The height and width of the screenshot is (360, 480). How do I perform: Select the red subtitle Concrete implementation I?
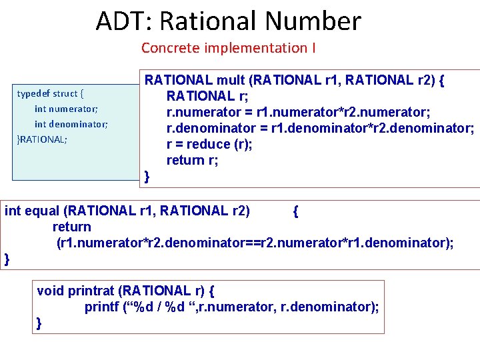228,48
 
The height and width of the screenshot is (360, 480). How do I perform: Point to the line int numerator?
66,109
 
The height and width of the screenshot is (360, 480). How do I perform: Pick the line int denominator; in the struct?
71,124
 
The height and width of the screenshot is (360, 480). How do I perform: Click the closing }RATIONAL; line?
42,139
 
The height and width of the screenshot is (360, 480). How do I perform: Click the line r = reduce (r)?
209,144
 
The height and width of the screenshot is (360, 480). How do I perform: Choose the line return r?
192,160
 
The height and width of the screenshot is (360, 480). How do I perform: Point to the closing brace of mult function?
147,176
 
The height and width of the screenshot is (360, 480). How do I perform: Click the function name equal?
41,211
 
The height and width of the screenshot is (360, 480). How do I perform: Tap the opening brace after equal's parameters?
295,211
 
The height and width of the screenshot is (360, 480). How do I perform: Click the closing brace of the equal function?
7,259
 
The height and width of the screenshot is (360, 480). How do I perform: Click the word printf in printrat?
100,307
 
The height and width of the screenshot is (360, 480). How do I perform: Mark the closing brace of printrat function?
39,323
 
